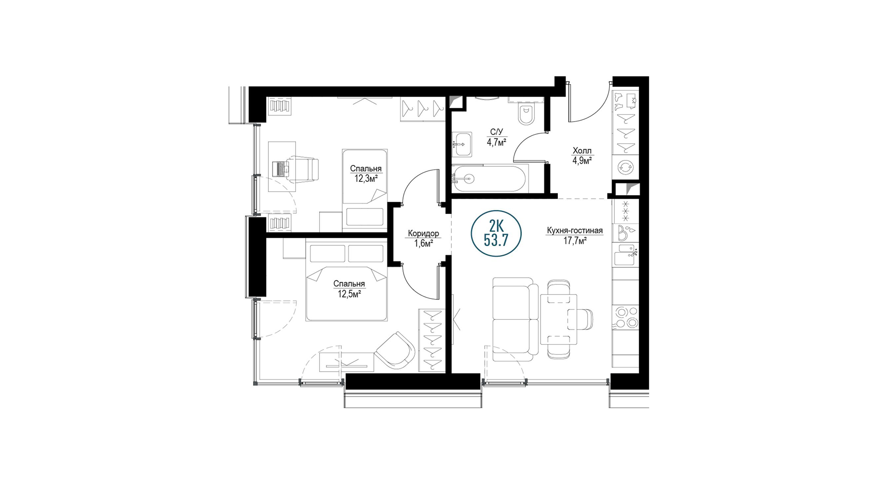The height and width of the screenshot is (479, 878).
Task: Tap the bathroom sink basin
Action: pyautogui.click(x=462, y=144)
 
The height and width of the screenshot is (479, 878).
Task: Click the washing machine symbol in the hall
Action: pyautogui.click(x=625, y=167)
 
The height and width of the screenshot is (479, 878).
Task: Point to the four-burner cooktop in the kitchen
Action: pyautogui.click(x=625, y=318)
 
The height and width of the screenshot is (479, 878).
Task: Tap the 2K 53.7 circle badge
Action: pyautogui.click(x=496, y=233)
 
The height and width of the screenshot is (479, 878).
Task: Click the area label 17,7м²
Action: pyautogui.click(x=575, y=241)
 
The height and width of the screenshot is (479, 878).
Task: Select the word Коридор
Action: pyautogui.click(x=423, y=233)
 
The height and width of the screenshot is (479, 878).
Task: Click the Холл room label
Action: pyautogui.click(x=582, y=151)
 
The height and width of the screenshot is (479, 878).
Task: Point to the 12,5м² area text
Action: pyautogui.click(x=349, y=294)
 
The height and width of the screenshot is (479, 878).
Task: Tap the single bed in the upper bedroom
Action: pyautogui.click(x=365, y=190)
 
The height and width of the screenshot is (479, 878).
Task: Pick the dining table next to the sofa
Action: pyautogui.click(x=559, y=319)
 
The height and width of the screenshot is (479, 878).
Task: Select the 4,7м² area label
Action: pyautogui.click(x=497, y=142)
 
